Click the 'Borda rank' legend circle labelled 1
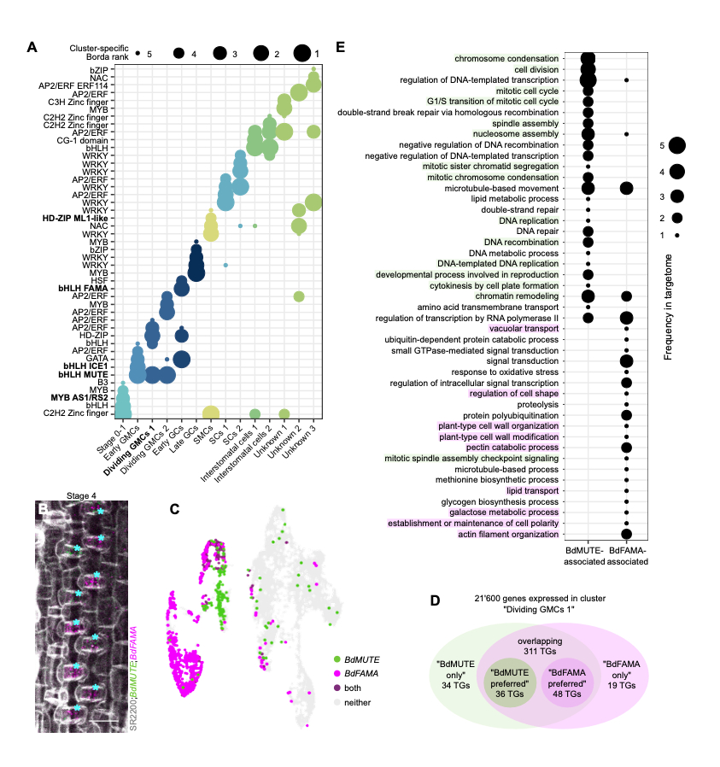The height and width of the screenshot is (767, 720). pos(301,54)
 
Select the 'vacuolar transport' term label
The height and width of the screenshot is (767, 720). pos(524,328)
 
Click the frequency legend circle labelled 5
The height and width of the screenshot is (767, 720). pos(677,146)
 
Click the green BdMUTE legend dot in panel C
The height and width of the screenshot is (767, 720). pos(337,659)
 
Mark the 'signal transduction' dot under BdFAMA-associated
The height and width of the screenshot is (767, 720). pos(627,360)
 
